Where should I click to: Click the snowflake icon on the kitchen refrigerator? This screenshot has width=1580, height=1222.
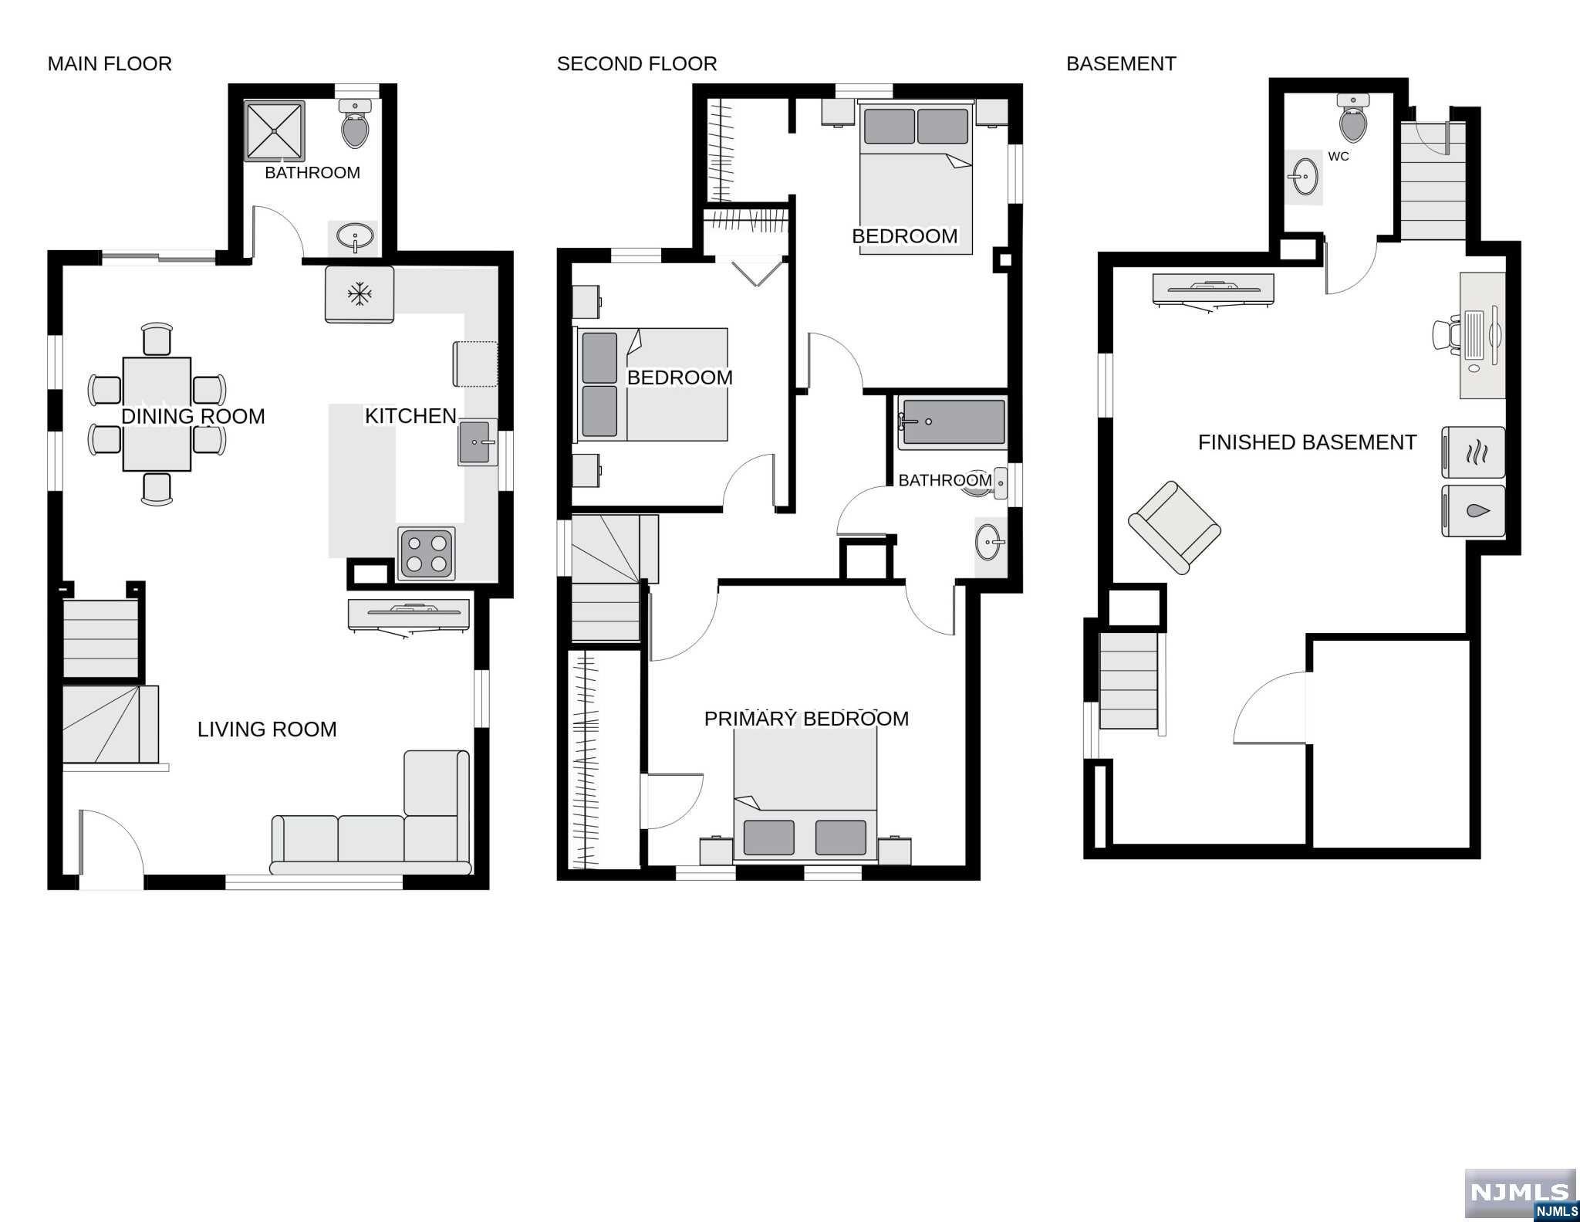[x=359, y=294]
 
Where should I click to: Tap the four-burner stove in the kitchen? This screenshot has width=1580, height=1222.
[x=427, y=553]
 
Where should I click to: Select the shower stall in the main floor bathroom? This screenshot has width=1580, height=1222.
[x=275, y=131]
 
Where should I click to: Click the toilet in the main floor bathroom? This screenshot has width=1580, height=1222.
[x=355, y=124]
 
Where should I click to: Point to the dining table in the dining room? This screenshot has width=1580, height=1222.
[x=157, y=414]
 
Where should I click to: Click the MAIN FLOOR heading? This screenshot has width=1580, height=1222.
[x=110, y=64]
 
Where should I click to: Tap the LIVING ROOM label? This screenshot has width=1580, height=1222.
[x=267, y=729]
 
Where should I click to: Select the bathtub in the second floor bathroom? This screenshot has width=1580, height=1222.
[x=953, y=422]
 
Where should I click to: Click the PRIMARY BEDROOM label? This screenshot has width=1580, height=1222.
[x=806, y=719]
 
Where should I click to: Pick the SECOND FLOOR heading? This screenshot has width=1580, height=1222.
[x=637, y=64]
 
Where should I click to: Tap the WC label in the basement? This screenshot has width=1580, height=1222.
[x=1339, y=157]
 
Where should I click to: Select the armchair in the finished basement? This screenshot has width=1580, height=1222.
[x=1174, y=528]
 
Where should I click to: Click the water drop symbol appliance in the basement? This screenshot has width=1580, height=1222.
[x=1473, y=511]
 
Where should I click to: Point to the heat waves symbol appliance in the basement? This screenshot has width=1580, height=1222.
[x=1473, y=452]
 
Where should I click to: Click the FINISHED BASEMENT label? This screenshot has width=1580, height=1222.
[x=1307, y=442]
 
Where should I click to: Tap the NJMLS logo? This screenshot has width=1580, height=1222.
[x=1520, y=1193]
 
